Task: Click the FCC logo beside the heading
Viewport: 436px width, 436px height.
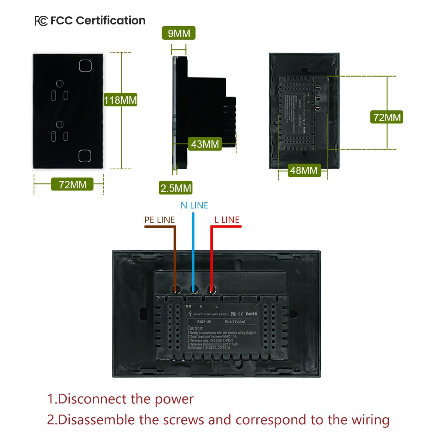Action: [x=41, y=21]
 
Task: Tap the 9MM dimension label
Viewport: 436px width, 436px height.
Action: [x=179, y=33]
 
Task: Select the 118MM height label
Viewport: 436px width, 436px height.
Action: [x=120, y=100]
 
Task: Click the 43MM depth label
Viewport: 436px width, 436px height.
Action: [x=205, y=144]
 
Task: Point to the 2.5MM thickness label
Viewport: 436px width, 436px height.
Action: [x=176, y=188]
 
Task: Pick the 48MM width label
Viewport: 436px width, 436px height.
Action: [x=304, y=170]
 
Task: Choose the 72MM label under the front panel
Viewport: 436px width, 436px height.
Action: [x=72, y=184]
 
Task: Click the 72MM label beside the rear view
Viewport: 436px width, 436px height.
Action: [x=386, y=117]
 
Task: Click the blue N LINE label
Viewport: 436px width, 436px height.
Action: [x=194, y=205]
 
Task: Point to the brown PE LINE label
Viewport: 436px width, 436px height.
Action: [x=160, y=220]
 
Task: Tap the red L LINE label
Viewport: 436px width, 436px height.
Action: [x=227, y=220]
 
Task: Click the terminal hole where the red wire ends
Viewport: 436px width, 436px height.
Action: [x=212, y=289]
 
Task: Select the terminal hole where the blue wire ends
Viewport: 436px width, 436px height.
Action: [x=194, y=289]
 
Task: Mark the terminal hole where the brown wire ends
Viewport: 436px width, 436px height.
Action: [x=175, y=289]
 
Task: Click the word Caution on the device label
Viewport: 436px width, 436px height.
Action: [x=195, y=328]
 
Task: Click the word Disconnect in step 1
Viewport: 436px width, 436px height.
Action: [x=92, y=399]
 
